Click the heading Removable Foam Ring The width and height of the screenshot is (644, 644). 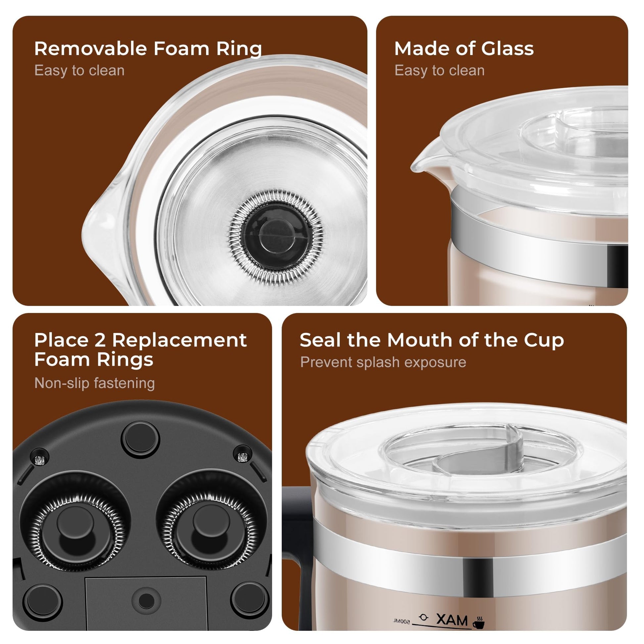(x=148, y=49)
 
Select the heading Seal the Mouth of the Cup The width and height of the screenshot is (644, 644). (x=432, y=340)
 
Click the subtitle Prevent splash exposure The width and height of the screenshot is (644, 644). (x=383, y=362)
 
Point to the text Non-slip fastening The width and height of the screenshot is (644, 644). (x=94, y=383)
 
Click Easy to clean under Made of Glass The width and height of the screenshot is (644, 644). (x=439, y=70)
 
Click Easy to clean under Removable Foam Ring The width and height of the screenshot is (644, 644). (x=79, y=70)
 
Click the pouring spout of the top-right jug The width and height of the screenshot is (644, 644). (x=425, y=160)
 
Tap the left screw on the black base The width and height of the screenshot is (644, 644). (x=39, y=461)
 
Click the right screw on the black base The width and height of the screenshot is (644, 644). (x=242, y=457)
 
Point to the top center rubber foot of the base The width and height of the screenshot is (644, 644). (x=140, y=440)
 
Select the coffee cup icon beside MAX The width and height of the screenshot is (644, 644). (x=478, y=622)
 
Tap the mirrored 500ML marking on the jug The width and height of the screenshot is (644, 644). (x=402, y=621)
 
